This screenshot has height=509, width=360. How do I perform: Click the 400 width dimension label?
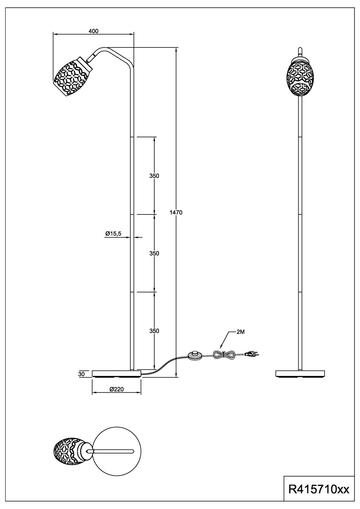pyautogui.click(x=93, y=31)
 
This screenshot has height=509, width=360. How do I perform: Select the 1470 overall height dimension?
pyautogui.click(x=176, y=213)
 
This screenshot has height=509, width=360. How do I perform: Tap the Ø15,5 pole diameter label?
pyautogui.click(x=113, y=233)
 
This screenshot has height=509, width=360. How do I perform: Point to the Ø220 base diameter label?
pyautogui.click(x=116, y=390)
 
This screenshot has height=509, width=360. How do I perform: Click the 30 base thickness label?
pyautogui.click(x=81, y=374)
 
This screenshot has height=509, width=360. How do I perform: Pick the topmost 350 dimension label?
pyautogui.click(x=154, y=176)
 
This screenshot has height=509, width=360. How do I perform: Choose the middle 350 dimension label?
pyautogui.click(x=154, y=253)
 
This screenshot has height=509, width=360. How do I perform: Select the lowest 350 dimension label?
pyautogui.click(x=154, y=331)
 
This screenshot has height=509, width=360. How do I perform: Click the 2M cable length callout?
pyautogui.click(x=240, y=332)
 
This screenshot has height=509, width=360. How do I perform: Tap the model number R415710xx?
pyautogui.click(x=318, y=489)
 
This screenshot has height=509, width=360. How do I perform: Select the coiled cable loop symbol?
pyautogui.click(x=224, y=355)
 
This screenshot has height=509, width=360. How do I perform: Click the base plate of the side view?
pyautogui.click(x=116, y=374)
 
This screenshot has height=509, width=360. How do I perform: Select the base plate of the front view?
pyautogui.click(x=300, y=374)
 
